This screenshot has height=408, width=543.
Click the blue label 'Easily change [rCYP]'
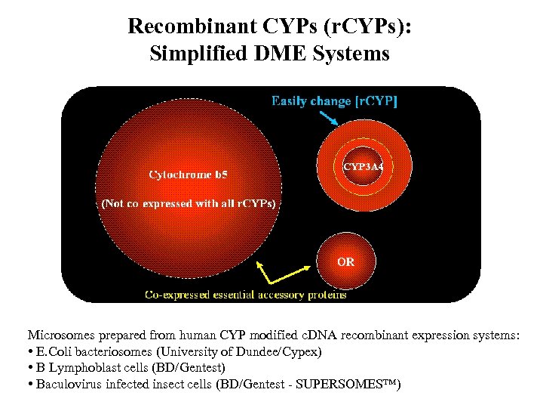point(334,100)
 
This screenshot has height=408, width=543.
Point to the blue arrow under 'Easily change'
point(330,118)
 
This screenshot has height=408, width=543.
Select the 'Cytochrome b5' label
point(188,175)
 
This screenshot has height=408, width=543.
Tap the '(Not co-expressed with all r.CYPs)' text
point(188,203)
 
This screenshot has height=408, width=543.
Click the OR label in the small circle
point(345,262)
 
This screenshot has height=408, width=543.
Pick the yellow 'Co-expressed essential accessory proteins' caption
point(246,295)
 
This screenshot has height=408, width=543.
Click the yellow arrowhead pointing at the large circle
point(261,266)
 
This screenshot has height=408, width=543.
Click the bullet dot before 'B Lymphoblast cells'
point(29,369)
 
